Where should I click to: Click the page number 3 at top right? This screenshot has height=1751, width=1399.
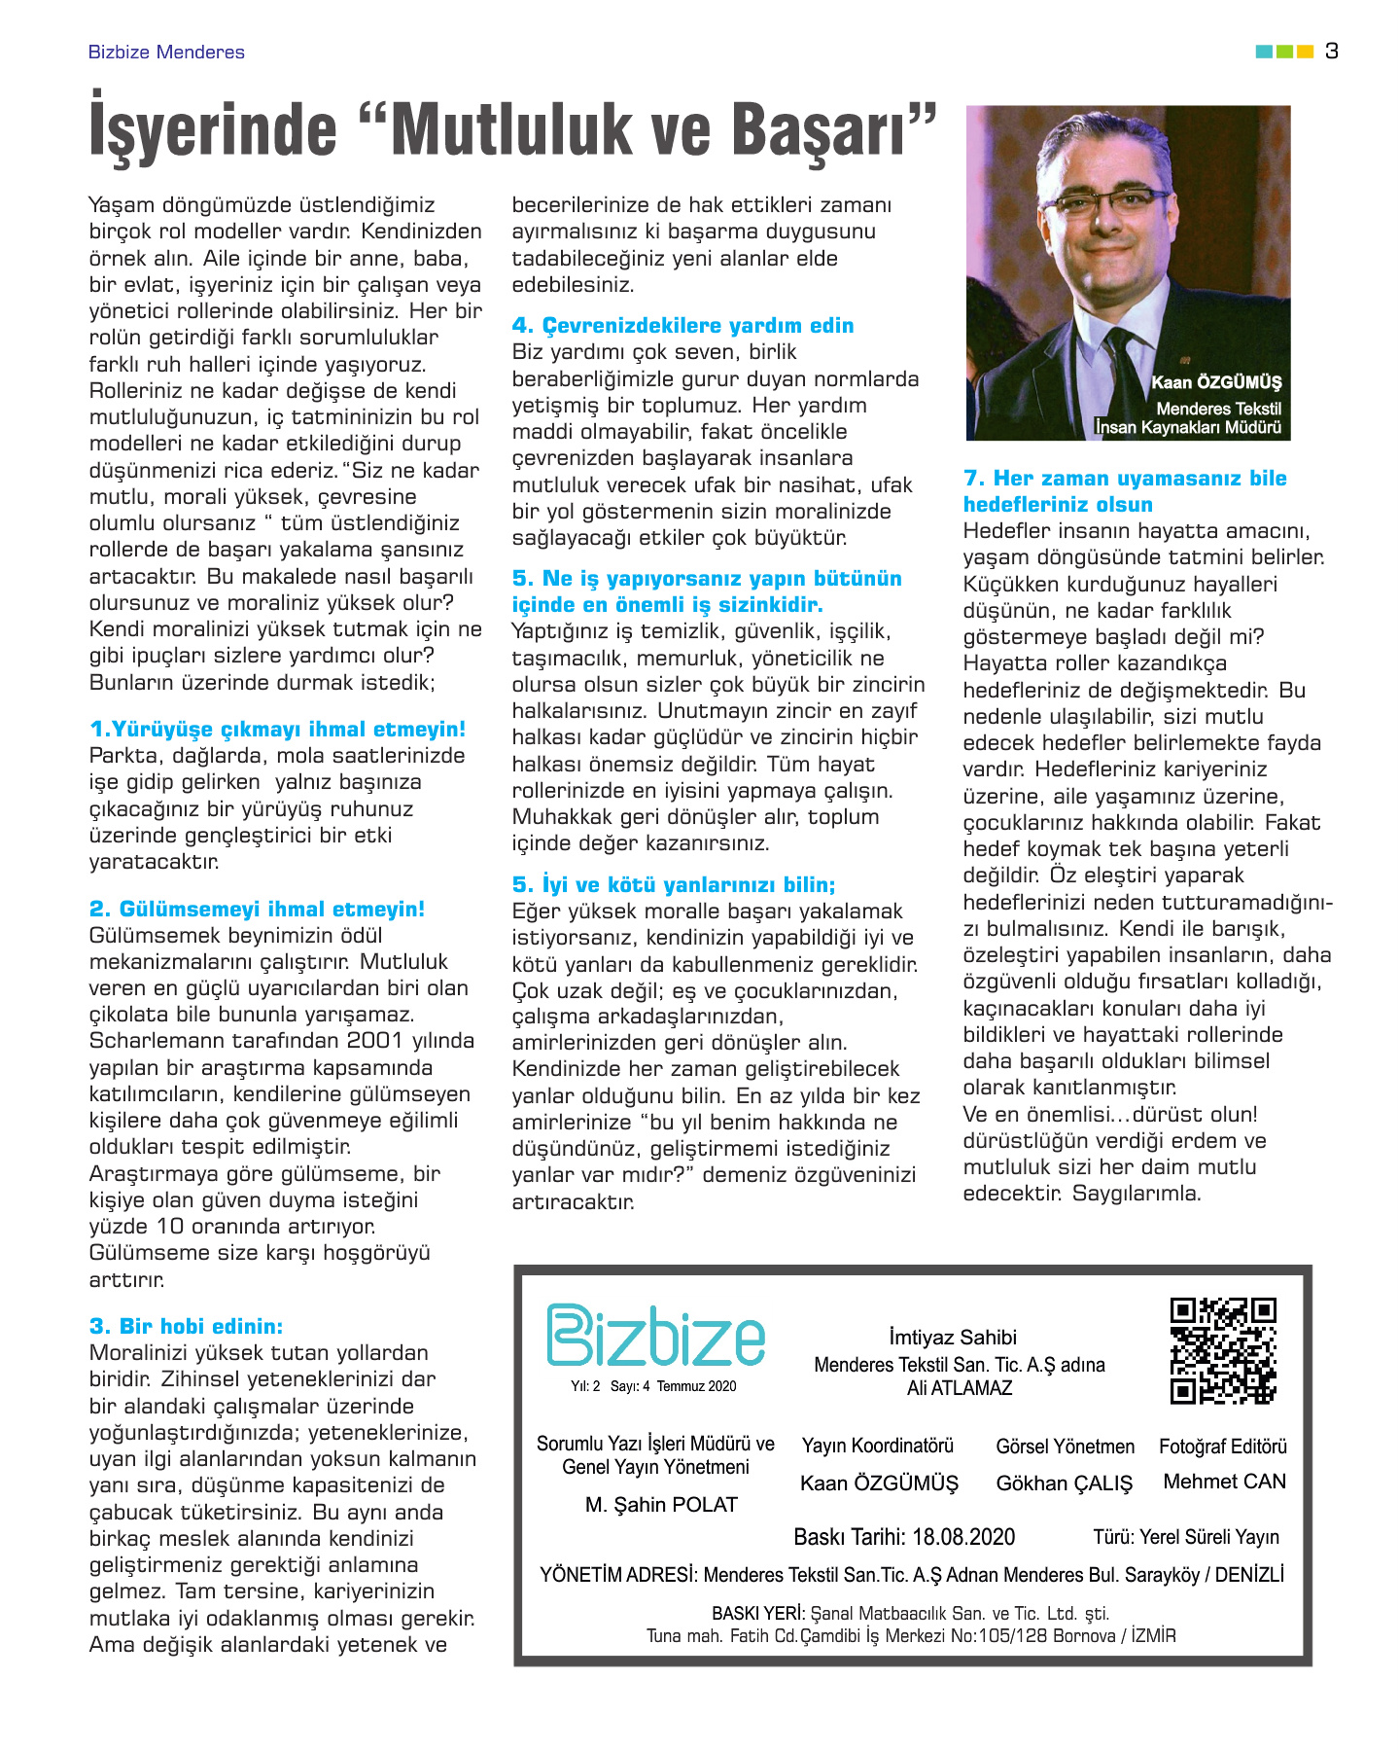[1331, 51]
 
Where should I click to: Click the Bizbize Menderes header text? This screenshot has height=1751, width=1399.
[166, 53]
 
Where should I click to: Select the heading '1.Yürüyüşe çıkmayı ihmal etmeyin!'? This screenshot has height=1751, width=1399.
[277, 730]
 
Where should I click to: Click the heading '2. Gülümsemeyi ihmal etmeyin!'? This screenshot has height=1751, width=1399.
[257, 910]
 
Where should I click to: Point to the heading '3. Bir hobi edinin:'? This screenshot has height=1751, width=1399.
[186, 1326]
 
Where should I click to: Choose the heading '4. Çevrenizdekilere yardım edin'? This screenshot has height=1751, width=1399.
[682, 326]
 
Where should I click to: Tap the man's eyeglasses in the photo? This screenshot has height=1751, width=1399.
[1112, 201]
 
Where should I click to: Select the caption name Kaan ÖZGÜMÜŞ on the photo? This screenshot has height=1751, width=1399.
[1216, 382]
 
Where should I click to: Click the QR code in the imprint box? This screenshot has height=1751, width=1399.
[1223, 1350]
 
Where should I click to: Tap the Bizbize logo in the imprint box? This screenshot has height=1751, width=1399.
[656, 1336]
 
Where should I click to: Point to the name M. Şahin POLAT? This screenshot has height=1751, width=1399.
[661, 1505]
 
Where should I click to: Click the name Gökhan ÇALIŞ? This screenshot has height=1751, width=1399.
[1065, 1483]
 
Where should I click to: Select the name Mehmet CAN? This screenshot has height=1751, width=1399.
[1224, 1482]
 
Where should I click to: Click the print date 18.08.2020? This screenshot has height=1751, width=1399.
[962, 1537]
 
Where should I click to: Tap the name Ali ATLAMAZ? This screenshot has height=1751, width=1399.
[960, 1388]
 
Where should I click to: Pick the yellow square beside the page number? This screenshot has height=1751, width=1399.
[1305, 52]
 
